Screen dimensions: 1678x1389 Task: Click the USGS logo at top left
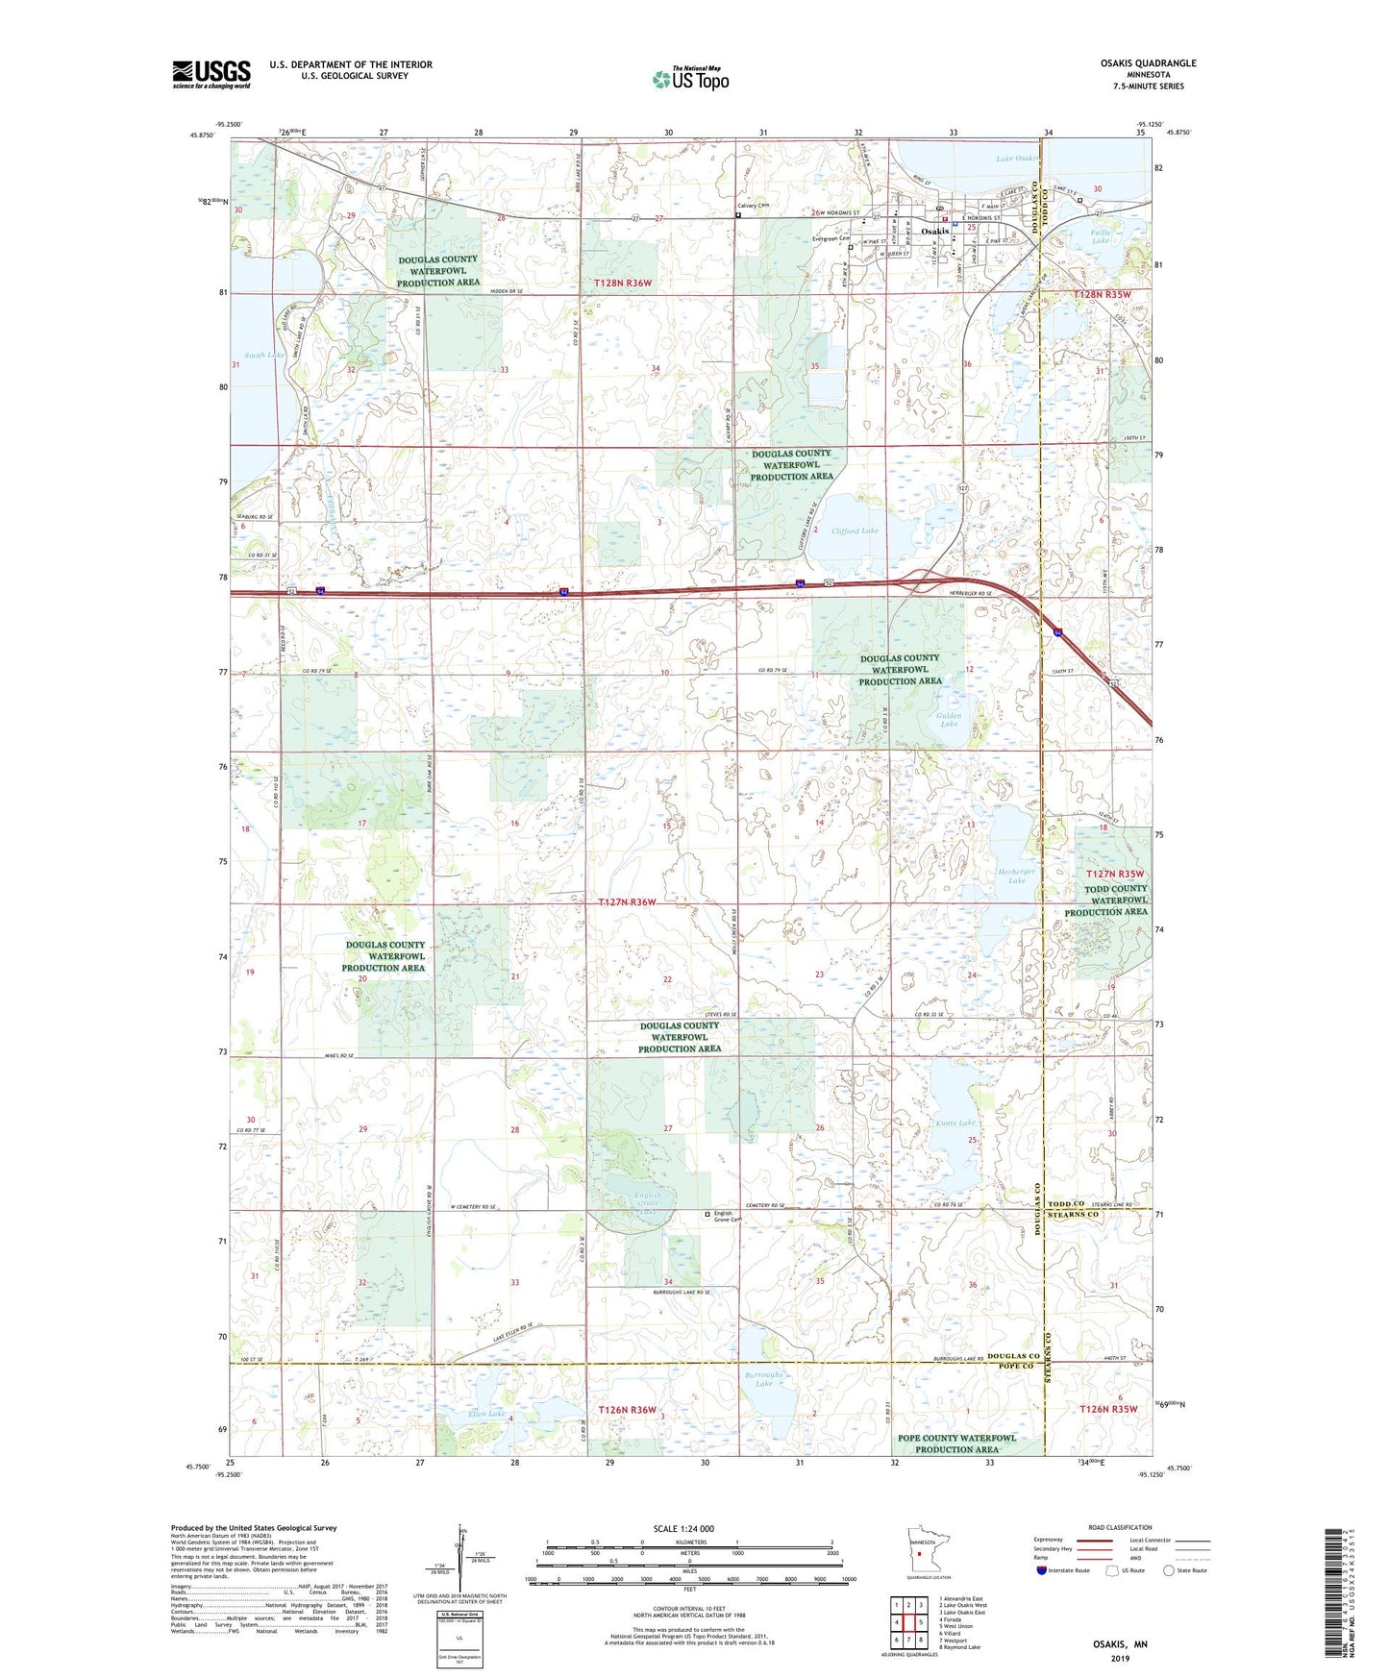point(211,74)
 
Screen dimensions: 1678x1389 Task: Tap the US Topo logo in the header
point(690,79)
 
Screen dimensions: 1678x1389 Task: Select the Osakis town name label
point(934,232)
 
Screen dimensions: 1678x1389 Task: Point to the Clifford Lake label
point(855,531)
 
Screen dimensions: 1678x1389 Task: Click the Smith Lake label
point(263,356)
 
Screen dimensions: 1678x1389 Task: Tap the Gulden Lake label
point(949,719)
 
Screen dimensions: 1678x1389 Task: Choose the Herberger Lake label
point(1017,875)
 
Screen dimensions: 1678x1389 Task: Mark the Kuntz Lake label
point(955,1123)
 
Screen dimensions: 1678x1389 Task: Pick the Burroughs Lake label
point(764,1379)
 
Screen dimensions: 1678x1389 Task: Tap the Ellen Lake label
point(485,1414)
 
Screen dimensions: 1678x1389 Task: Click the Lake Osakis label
point(1016,159)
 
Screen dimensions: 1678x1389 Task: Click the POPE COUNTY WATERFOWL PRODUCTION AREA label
point(956,1444)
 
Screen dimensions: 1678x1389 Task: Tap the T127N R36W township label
point(626,902)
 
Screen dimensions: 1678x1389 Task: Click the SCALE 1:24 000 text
point(683,1529)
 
